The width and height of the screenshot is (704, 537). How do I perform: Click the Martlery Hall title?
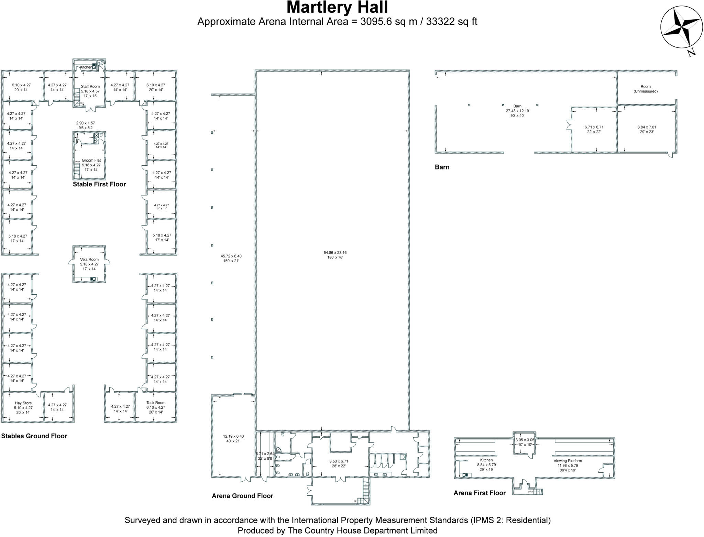[337, 8]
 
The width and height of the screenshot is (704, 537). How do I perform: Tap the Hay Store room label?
[23, 403]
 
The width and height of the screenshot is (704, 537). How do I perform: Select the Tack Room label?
[156, 403]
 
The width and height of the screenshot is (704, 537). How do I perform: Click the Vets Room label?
[89, 260]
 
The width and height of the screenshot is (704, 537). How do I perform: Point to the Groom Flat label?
[91, 161]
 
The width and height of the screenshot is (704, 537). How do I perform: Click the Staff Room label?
[90, 87]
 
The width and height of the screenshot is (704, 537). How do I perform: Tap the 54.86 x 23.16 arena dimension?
[335, 253]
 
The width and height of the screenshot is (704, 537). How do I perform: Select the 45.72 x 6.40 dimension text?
[231, 256]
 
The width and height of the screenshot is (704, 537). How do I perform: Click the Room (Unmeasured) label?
[645, 89]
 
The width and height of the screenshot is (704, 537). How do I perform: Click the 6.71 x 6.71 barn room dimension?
[594, 127]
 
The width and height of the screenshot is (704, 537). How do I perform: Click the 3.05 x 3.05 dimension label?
[524, 440]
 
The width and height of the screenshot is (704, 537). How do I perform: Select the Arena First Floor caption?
[479, 493]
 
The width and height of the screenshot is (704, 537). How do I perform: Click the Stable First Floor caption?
[99, 184]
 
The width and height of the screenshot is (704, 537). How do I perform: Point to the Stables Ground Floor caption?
[34, 436]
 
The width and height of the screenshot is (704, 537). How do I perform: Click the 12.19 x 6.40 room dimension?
[233, 437]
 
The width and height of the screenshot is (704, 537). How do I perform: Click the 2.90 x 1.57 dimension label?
[85, 123]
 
